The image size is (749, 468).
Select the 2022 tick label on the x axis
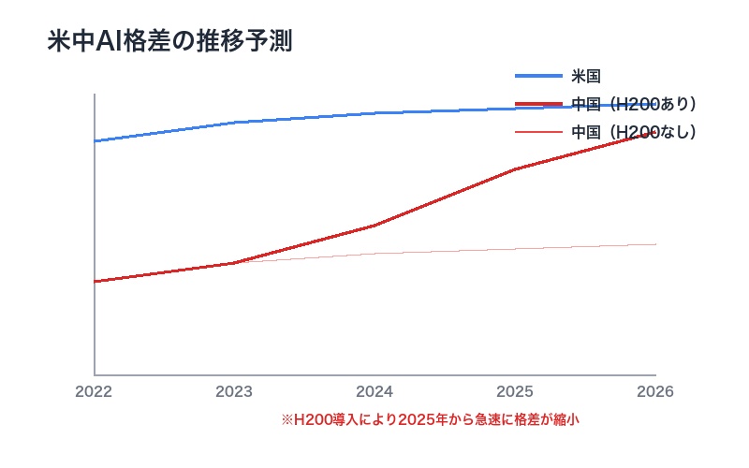click(x=94, y=391)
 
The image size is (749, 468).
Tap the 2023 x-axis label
click(x=234, y=391)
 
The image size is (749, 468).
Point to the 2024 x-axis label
click(x=374, y=391)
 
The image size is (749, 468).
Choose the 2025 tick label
click(x=515, y=391)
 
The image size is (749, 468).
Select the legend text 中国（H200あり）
click(x=634, y=104)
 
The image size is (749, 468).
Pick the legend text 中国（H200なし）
click(x=634, y=132)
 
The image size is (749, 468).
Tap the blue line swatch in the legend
click(x=538, y=76)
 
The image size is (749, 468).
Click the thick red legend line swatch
click(x=538, y=104)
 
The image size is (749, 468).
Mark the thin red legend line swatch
click(x=538, y=132)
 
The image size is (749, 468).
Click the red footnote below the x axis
click(x=431, y=420)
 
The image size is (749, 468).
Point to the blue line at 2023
click(x=235, y=123)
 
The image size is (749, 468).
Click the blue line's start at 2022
click(x=95, y=141)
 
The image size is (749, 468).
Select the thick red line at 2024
click(x=375, y=226)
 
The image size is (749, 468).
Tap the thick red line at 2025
click(x=516, y=169)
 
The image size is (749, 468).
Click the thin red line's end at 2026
click(x=655, y=244)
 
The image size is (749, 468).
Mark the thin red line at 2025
click(x=516, y=250)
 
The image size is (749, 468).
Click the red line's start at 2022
click(x=95, y=282)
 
